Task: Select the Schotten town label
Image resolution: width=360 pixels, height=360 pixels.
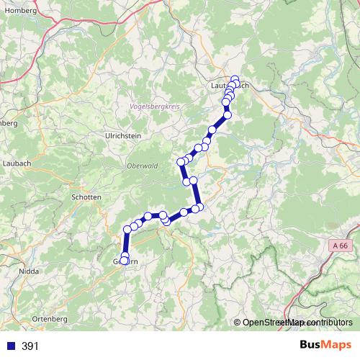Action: click(86, 196)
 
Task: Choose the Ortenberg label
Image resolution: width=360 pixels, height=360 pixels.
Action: click(50, 318)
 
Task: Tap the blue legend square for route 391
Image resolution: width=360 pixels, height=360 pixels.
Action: click(10, 346)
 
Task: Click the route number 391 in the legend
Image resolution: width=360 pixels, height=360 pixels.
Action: click(30, 346)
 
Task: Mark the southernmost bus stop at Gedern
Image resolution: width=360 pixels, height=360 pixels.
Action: click(125, 261)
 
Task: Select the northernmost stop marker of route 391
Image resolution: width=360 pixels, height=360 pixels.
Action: click(235, 79)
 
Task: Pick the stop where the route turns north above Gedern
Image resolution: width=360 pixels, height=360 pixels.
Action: click(127, 230)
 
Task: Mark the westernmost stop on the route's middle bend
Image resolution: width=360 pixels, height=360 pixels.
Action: click(181, 163)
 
